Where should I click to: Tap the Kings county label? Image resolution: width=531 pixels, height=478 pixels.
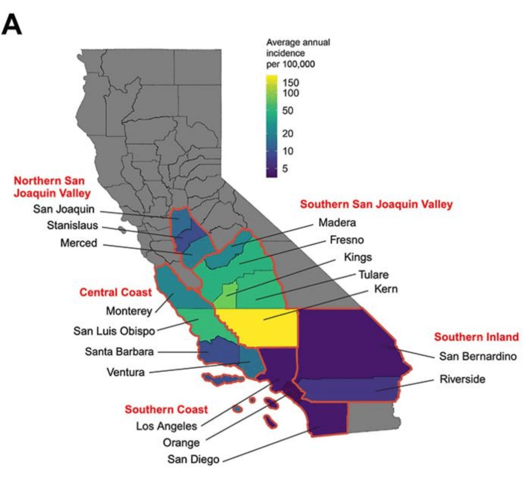tap(358, 257)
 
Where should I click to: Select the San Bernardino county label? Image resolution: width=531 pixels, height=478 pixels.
tap(477, 356)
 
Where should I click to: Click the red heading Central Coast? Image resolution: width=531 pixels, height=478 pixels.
tap(115, 292)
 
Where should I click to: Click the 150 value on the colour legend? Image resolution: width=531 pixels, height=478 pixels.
tap(291, 83)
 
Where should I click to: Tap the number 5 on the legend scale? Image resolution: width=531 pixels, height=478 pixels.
tap(285, 169)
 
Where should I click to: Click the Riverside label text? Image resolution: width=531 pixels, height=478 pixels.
tap(462, 379)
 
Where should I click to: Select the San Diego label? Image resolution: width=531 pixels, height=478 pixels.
tap(193, 459)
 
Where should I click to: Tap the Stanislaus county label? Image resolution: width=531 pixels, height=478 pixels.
tap(73, 225)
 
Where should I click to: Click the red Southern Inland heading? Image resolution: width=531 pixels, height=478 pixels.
tap(476, 337)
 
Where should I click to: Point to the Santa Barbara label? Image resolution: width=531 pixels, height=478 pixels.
tap(119, 352)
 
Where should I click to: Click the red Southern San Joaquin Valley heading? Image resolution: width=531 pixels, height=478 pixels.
tap(376, 204)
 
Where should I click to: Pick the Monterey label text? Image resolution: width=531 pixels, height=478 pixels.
tap(129, 311)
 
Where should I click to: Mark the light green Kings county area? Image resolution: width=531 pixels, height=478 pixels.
tap(229, 291)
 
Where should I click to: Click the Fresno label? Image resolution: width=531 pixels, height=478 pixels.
tap(347, 240)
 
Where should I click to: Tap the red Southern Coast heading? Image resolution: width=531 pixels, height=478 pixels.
tap(166, 409)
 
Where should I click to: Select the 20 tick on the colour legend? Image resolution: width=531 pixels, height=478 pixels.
tap(288, 133)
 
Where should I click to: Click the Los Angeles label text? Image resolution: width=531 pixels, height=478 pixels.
tap(166, 426)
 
